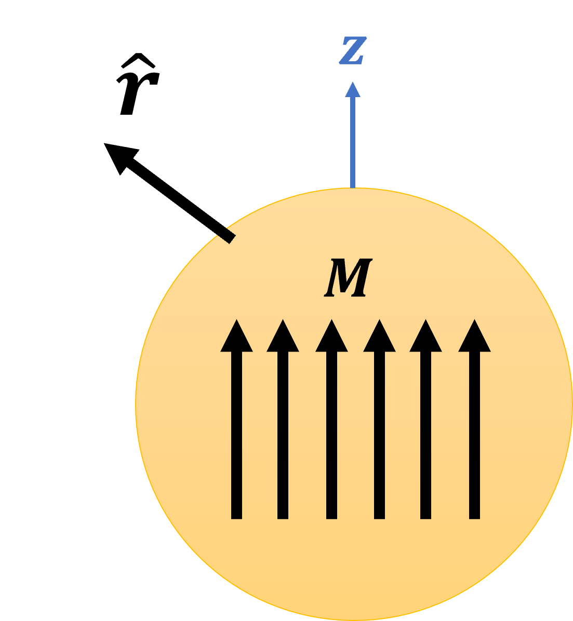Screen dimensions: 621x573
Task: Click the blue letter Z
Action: (353, 50)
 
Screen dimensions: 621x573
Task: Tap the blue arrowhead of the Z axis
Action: (353, 90)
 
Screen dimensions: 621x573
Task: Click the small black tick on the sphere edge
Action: (226, 235)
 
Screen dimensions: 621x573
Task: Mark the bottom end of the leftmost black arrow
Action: (236, 516)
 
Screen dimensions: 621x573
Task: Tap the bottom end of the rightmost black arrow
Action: (474, 516)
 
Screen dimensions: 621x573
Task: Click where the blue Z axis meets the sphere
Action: (353, 187)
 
